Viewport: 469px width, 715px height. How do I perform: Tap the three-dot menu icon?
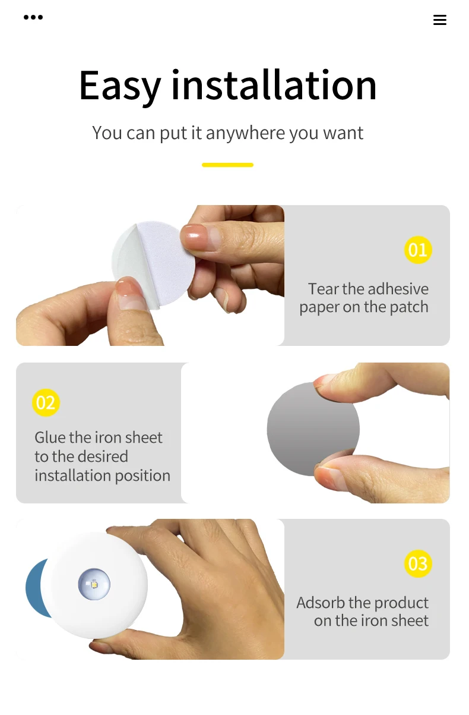[x=33, y=17]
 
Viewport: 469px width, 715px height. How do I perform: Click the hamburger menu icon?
[x=440, y=20]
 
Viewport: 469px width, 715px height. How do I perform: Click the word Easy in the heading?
[x=120, y=86]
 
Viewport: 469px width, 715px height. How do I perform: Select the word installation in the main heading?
[x=274, y=85]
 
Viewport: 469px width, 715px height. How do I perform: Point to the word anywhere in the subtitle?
[x=246, y=133]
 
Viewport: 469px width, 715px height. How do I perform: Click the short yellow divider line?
[x=227, y=165]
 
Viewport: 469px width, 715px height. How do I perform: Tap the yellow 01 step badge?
[x=418, y=250]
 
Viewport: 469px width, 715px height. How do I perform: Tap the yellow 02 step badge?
[x=46, y=402]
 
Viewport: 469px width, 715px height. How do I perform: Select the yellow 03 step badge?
[x=418, y=563]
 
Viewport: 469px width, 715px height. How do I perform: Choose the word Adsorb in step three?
[x=321, y=603]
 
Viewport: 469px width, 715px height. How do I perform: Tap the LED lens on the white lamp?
[x=94, y=584]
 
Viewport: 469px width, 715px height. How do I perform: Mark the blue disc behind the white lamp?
[x=37, y=588]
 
